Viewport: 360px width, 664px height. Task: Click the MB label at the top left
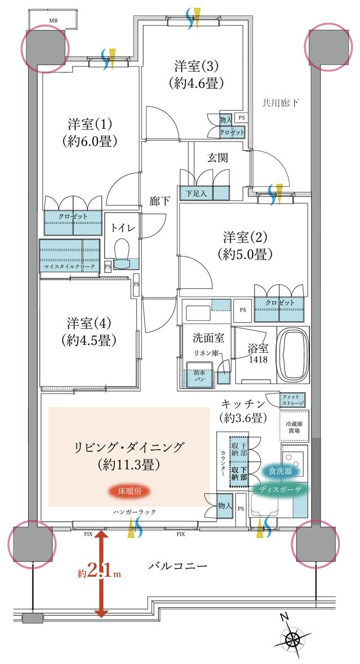(53, 21)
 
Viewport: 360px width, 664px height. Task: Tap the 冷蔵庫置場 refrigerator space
(292, 426)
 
